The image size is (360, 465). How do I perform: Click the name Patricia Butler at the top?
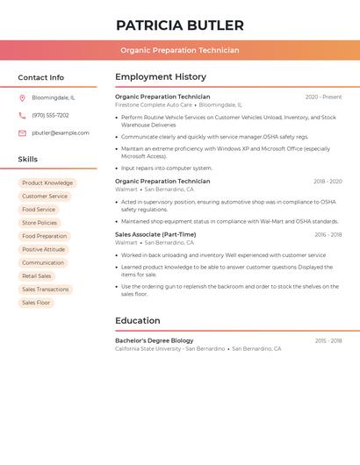pyautogui.click(x=180, y=25)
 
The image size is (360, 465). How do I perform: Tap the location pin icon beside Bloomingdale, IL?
pyautogui.click(x=22, y=97)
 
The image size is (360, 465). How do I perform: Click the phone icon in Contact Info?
pyautogui.click(x=22, y=115)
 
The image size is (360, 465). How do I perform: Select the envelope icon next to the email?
pyautogui.click(x=22, y=133)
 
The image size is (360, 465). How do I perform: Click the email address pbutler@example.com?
pyautogui.click(x=61, y=133)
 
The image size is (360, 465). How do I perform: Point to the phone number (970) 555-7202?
pyautogui.click(x=50, y=115)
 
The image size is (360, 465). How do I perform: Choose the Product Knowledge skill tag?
pyautogui.click(x=47, y=183)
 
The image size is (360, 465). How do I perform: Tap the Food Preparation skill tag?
pyautogui.click(x=44, y=236)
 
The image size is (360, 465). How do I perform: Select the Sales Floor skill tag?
pyautogui.click(x=36, y=303)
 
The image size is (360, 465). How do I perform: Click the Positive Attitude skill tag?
pyautogui.click(x=43, y=249)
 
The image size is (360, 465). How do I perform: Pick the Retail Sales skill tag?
pyautogui.click(x=37, y=276)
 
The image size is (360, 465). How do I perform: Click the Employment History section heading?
pyautogui.click(x=161, y=77)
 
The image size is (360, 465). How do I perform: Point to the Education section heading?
pyautogui.click(x=138, y=320)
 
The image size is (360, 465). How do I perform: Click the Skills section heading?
pyautogui.click(x=28, y=159)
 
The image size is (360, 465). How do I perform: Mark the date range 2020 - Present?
pyautogui.click(x=323, y=97)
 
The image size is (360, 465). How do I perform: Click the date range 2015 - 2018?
pyautogui.click(x=328, y=340)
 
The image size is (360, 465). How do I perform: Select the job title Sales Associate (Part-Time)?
pyautogui.click(x=155, y=234)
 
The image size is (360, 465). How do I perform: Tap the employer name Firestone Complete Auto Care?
pyautogui.click(x=154, y=104)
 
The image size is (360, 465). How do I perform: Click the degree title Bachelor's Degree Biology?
pyautogui.click(x=155, y=340)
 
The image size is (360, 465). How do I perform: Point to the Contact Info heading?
pyautogui.click(x=41, y=77)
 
